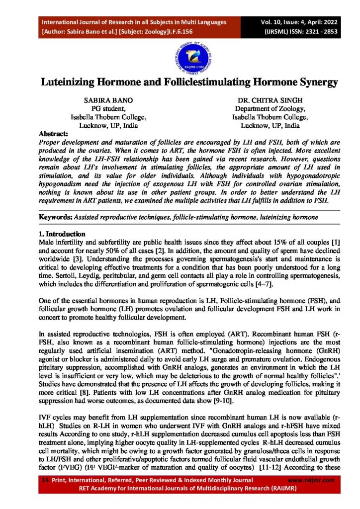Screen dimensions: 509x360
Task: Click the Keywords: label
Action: coord(55,218)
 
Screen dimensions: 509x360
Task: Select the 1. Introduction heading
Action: coord(62,234)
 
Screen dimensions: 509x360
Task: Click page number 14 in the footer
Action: coord(44,480)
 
